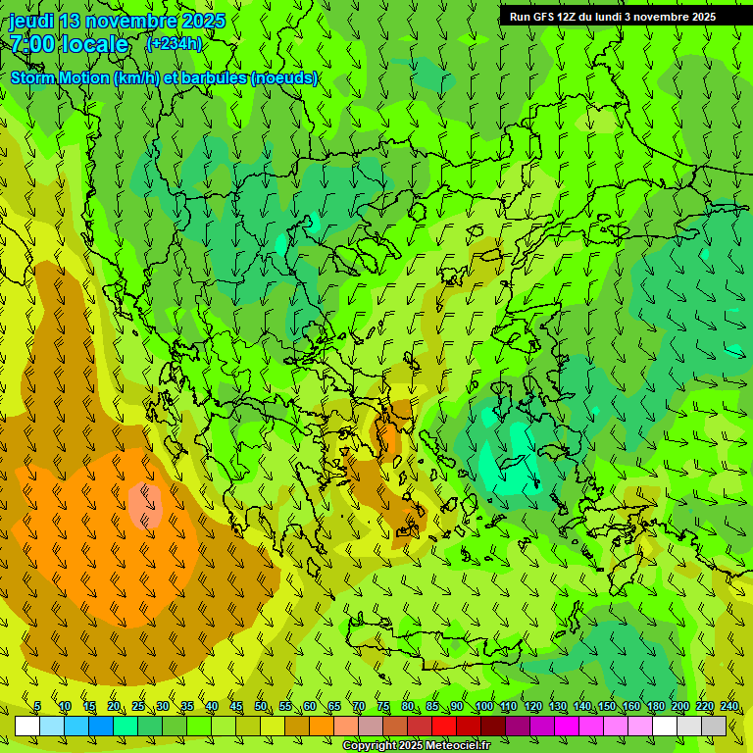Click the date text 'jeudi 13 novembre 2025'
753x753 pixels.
coord(118,21)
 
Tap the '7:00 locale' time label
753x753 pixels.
coord(69,44)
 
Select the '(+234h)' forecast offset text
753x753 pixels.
coord(175,43)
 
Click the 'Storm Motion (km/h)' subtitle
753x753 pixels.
coord(78,77)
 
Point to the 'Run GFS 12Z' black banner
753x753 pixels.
coord(613,17)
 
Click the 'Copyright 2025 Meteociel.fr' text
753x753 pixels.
coord(416,746)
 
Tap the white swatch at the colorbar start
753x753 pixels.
coord(26,727)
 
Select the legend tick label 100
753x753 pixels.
coord(484,706)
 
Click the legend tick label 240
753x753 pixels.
coord(729,706)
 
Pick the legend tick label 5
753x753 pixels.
coord(37,706)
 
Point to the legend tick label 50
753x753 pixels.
coord(260,706)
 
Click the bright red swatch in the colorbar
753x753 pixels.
coord(444,727)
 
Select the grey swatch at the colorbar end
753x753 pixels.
coord(714,727)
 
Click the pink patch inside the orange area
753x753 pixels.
coord(145,505)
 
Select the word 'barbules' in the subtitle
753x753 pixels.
coord(219,77)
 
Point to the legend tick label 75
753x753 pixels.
coord(382,706)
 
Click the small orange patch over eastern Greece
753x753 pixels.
coord(389,435)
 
